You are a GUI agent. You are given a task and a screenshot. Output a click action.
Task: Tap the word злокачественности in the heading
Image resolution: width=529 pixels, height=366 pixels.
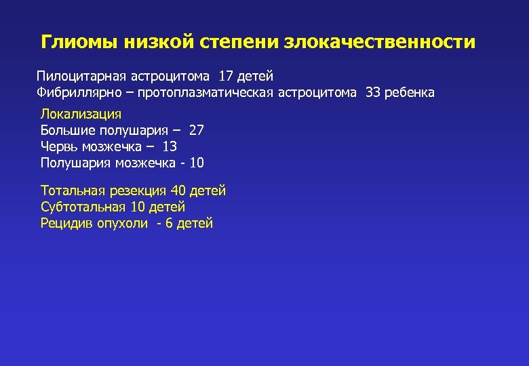pyautogui.click(x=380, y=43)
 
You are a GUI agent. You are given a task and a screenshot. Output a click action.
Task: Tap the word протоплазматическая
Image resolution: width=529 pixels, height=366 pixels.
pyautogui.click(x=204, y=92)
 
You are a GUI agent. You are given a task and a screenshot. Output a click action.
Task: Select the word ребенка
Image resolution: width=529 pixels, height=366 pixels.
pyautogui.click(x=410, y=92)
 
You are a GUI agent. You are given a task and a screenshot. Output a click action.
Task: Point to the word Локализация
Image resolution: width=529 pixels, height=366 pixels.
pyautogui.click(x=81, y=114)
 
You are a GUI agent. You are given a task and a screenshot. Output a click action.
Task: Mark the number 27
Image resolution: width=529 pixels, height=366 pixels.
pyautogui.click(x=196, y=130)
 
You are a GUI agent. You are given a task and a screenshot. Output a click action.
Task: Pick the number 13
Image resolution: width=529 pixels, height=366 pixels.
pyautogui.click(x=170, y=146)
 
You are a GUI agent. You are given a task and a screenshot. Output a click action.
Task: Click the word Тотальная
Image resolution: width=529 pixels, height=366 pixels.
pyautogui.click(x=71, y=191)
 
